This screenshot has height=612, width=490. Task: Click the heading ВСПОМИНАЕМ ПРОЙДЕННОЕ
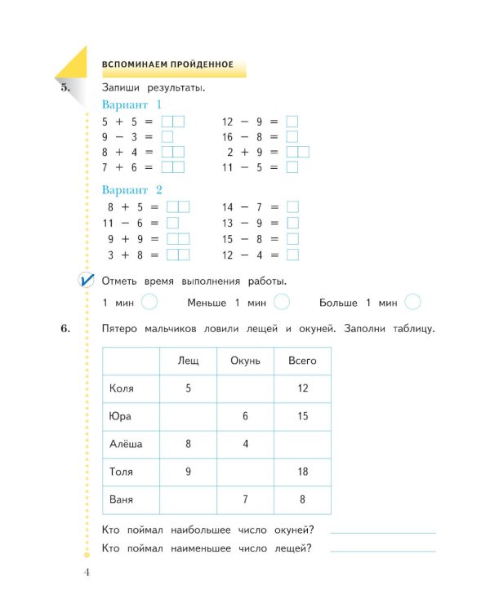pos(167,64)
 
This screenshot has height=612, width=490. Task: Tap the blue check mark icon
pos(86,281)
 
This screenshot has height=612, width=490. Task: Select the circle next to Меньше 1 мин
pos(281,303)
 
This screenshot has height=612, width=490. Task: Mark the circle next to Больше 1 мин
pos(413,303)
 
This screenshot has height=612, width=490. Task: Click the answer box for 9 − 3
pos(167,137)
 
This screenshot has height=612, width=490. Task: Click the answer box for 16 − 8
pos(292,137)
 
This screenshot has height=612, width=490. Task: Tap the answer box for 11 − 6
pos(172,223)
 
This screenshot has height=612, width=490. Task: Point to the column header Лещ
pos(189,360)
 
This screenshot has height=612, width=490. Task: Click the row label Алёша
pos(126,444)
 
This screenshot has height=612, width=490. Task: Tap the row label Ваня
pos(122,499)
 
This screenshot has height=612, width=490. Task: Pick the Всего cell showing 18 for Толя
pos(302,472)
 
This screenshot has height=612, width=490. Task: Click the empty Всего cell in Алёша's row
pos(302,444)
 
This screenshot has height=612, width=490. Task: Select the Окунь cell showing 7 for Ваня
pos(245,499)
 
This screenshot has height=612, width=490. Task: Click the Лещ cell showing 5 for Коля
pos(189,388)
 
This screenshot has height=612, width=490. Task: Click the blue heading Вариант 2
pos(132,190)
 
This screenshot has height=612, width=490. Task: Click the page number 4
pos(87,571)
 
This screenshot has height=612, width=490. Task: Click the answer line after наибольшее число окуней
pos(383,531)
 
